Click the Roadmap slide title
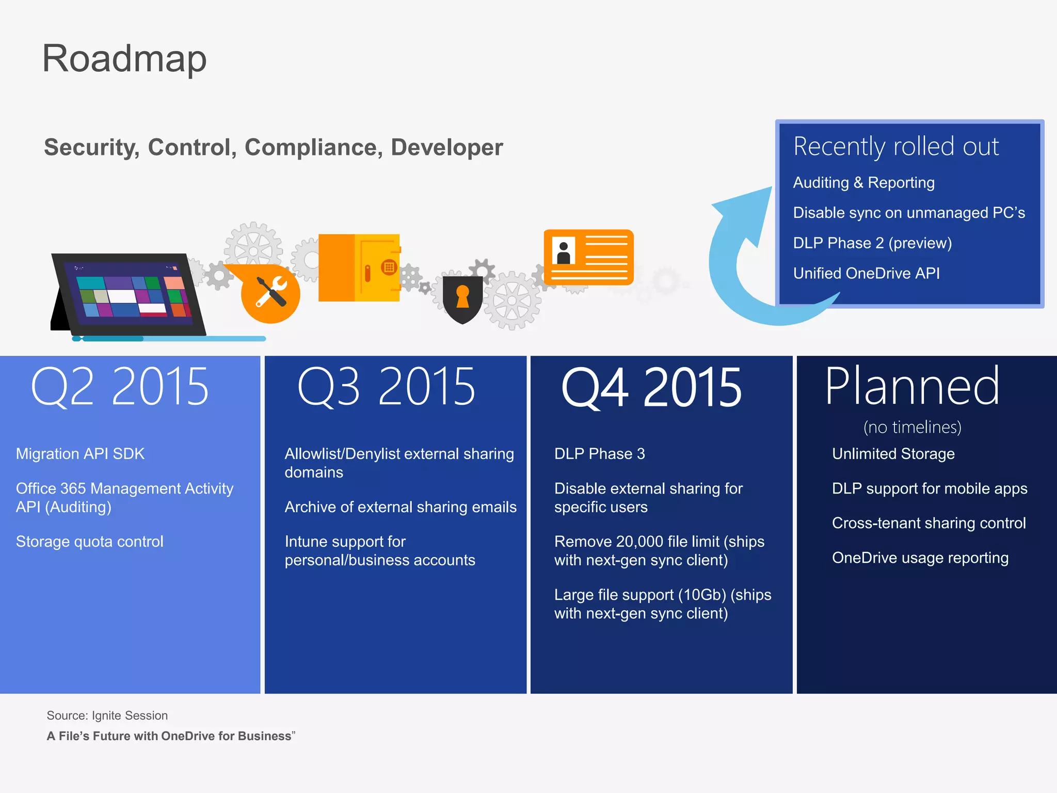(124, 59)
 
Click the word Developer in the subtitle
(446, 148)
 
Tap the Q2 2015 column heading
(120, 387)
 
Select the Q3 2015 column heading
(386, 387)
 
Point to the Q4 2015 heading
(651, 388)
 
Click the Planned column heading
(912, 386)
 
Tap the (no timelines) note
(912, 427)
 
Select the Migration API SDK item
(80, 454)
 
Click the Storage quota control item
(89, 542)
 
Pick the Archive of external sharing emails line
(400, 507)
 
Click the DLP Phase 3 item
(599, 454)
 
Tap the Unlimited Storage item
(893, 454)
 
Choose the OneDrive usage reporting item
(920, 558)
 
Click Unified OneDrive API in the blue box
(866, 273)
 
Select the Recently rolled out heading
(896, 147)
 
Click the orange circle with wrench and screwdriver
(270, 293)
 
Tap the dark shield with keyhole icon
(462, 299)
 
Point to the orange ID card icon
(588, 257)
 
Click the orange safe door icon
(359, 268)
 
